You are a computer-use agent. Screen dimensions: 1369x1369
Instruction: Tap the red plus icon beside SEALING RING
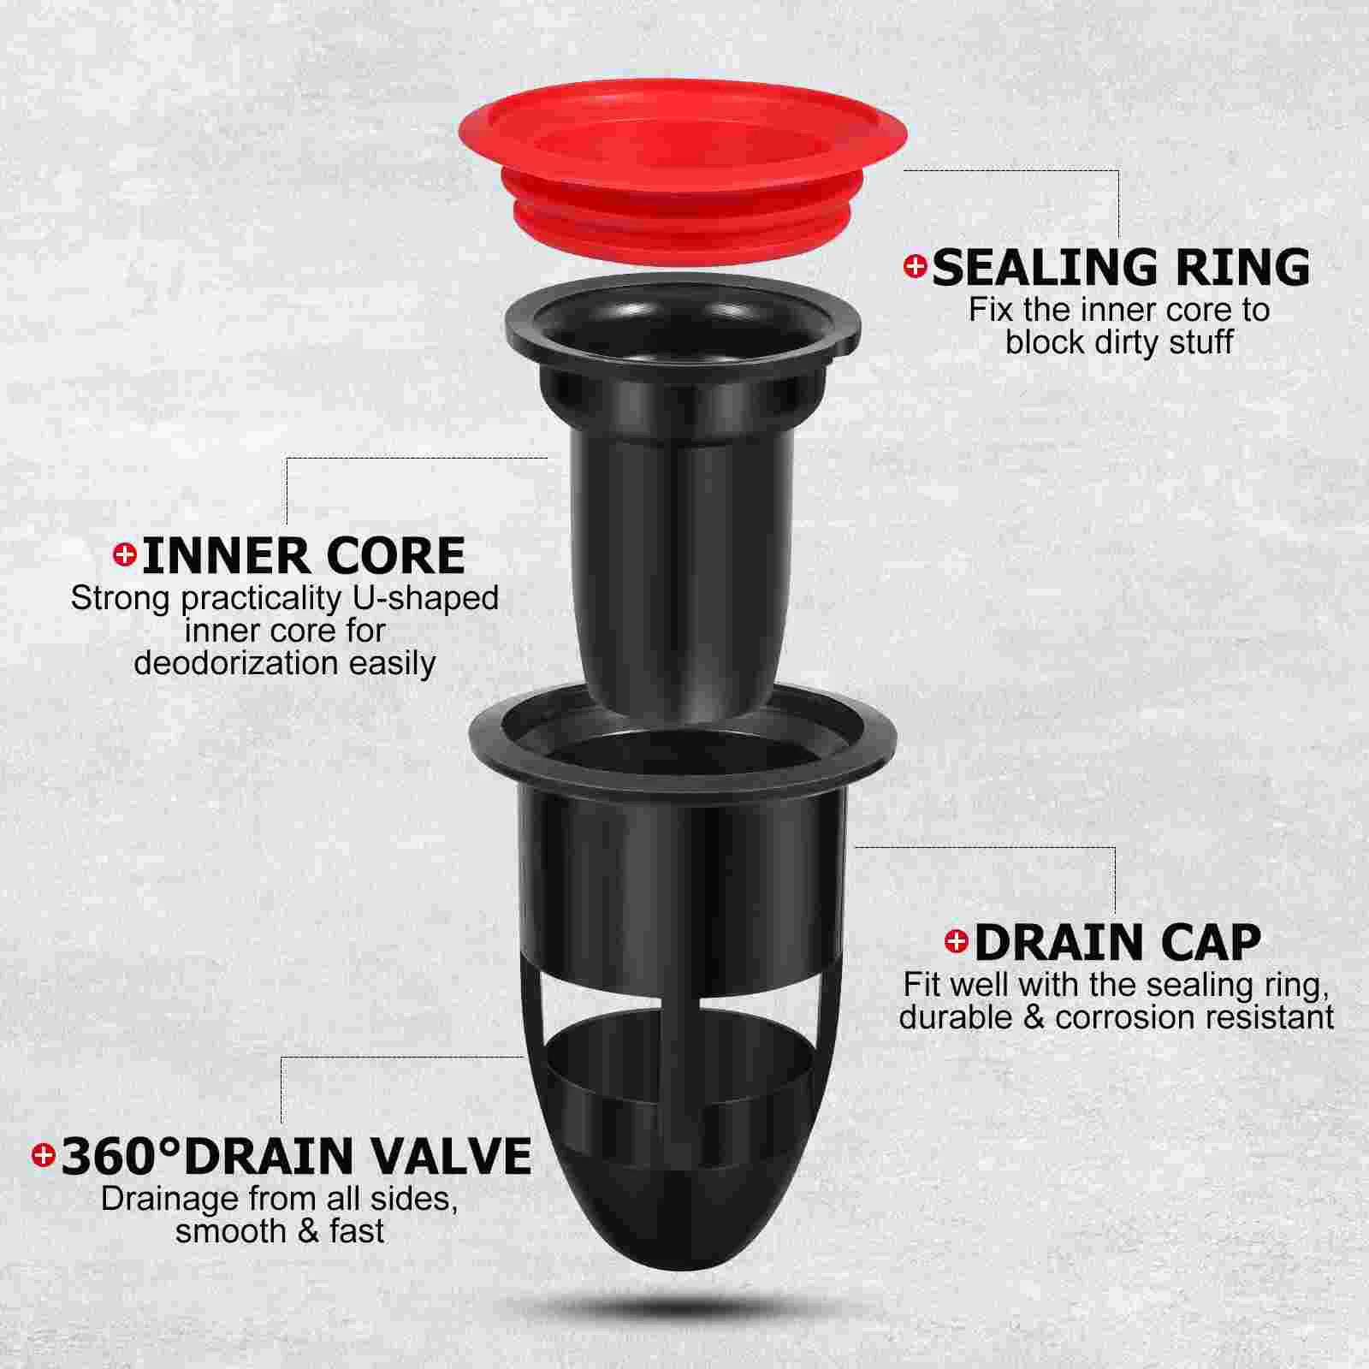pyautogui.click(x=915, y=267)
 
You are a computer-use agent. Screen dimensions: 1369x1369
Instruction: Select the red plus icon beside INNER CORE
pyautogui.click(x=125, y=555)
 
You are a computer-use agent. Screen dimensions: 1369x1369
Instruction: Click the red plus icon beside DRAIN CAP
pyautogui.click(x=956, y=942)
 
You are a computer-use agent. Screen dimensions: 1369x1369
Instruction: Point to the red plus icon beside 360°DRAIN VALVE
pyautogui.click(x=43, y=1156)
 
